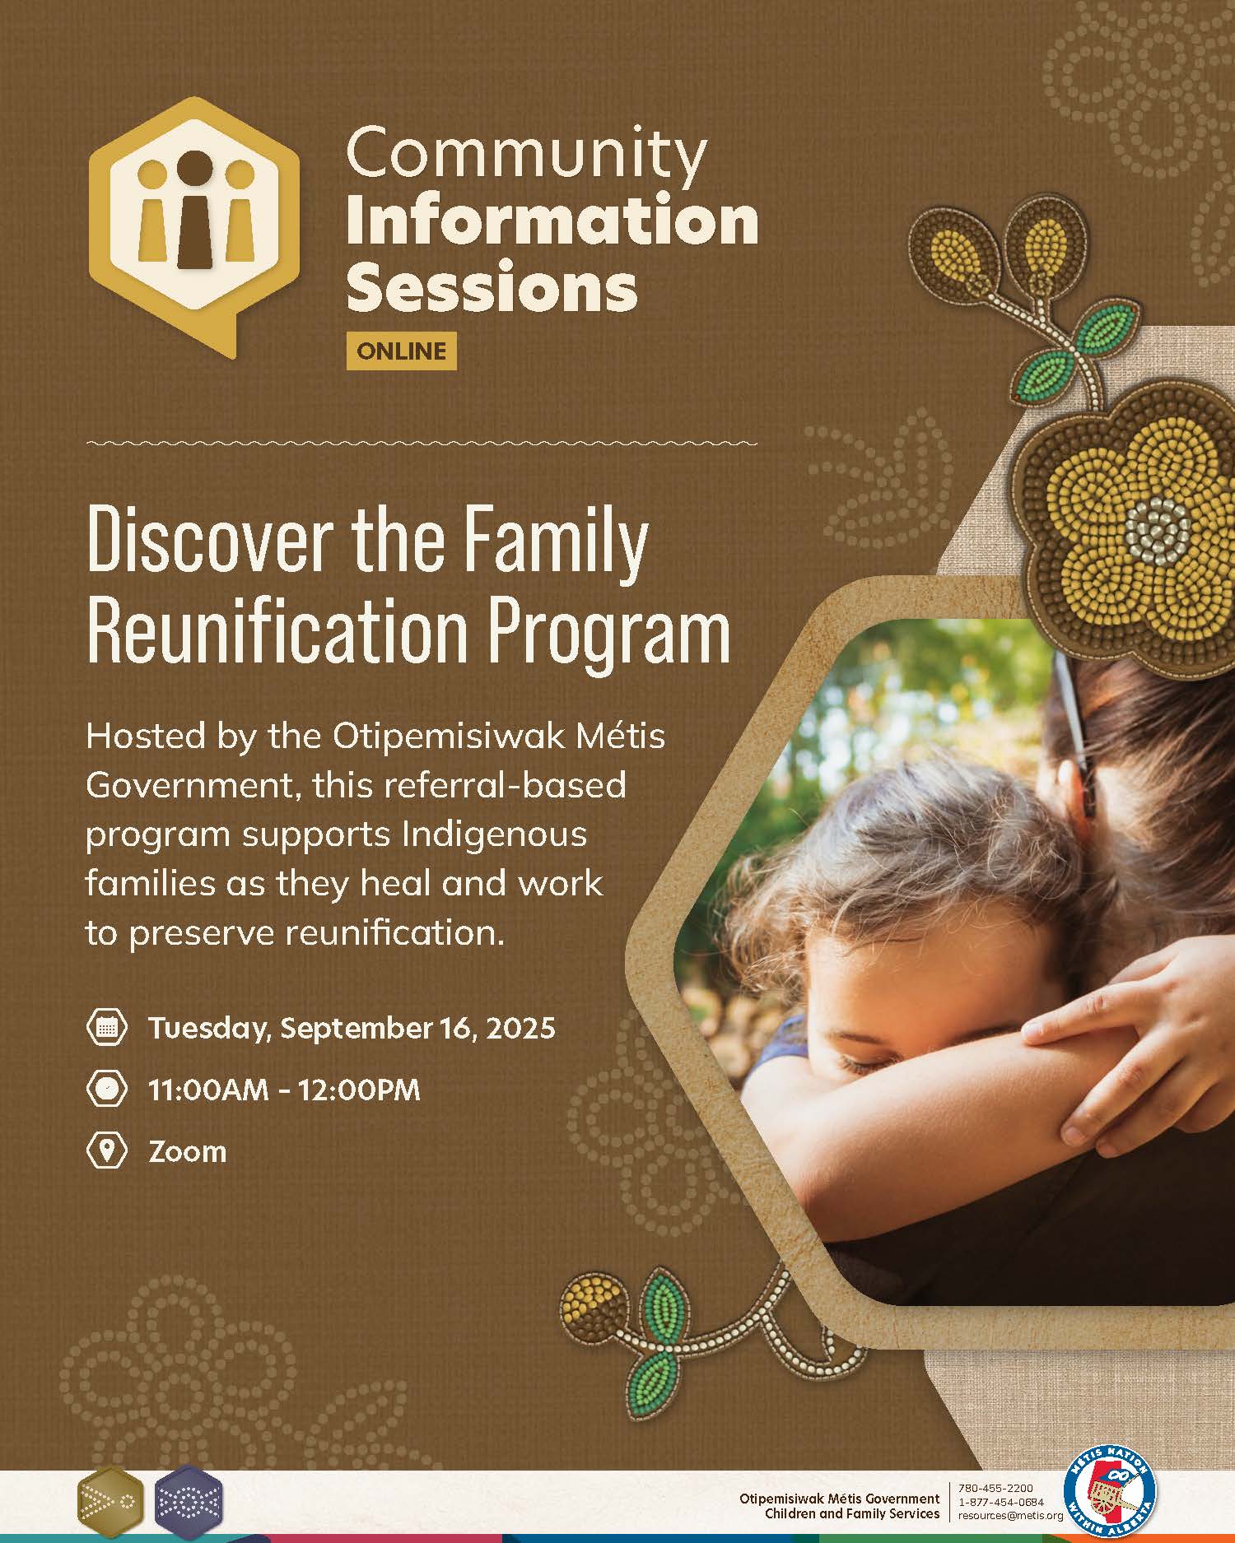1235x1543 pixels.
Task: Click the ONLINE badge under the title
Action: [401, 351]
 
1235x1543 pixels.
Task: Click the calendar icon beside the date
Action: [107, 1027]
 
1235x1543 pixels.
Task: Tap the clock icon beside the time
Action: [107, 1089]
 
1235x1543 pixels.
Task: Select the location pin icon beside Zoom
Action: [107, 1150]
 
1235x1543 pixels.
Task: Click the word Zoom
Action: [188, 1151]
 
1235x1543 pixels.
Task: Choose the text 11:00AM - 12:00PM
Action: [284, 1090]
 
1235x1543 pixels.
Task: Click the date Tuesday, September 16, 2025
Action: [352, 1029]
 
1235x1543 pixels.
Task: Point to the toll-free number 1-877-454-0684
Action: [1001, 1501]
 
